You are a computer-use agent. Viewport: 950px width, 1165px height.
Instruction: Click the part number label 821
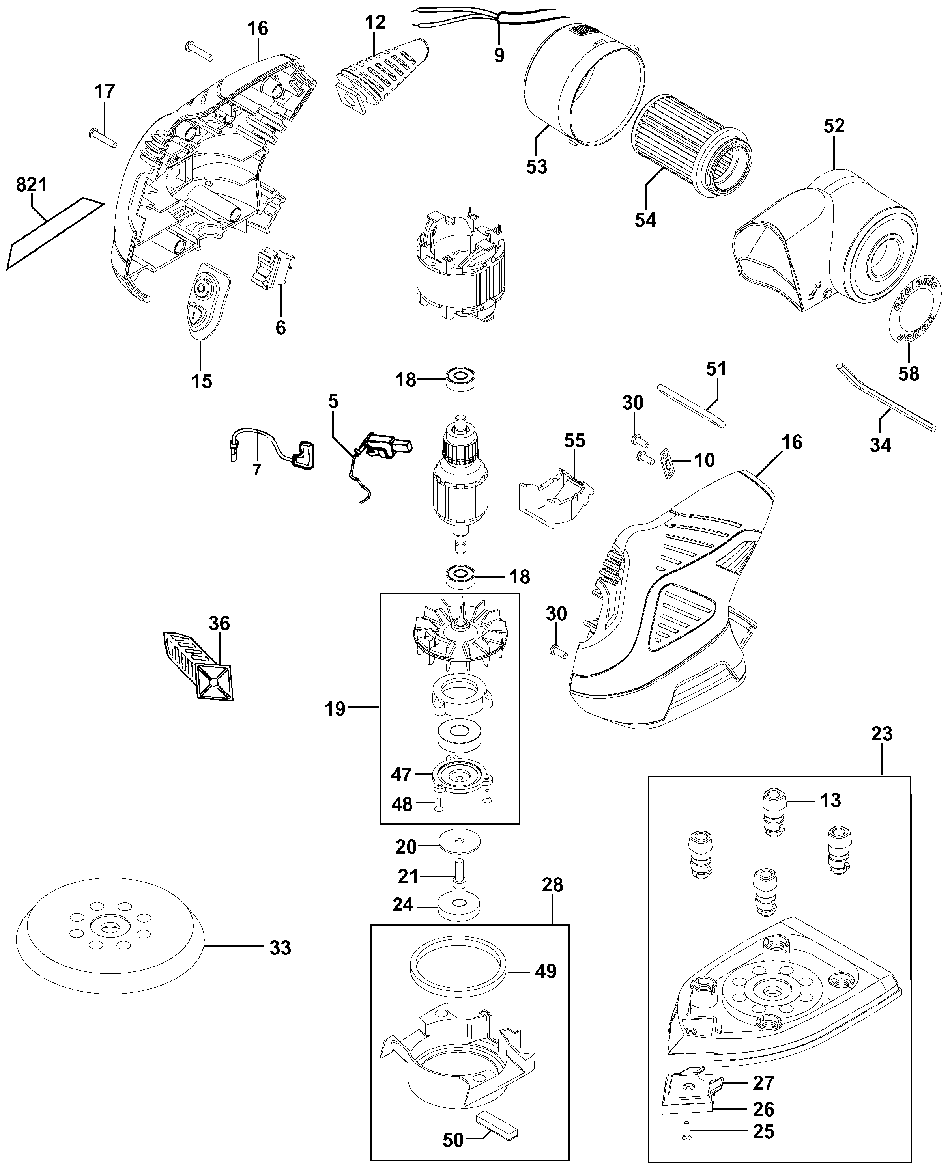[32, 185]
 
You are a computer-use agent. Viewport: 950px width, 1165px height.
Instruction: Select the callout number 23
[882, 733]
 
